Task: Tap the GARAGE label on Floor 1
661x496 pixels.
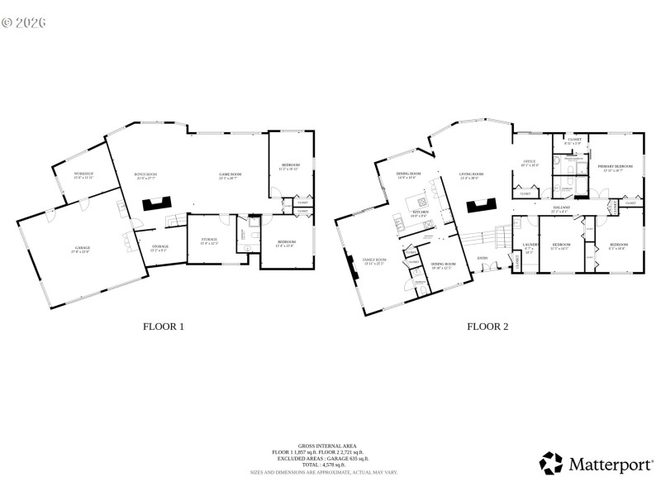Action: [x=78, y=247]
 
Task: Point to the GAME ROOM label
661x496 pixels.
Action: [x=229, y=174]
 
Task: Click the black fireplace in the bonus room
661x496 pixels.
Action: [x=155, y=203]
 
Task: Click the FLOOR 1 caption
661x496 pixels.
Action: [x=164, y=327]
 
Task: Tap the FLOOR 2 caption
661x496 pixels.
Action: [x=487, y=327]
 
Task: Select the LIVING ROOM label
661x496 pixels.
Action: [x=471, y=174]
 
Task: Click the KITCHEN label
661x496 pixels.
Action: [x=421, y=212]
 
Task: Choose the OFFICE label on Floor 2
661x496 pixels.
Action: [x=530, y=161]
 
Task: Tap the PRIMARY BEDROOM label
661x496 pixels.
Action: [x=616, y=166]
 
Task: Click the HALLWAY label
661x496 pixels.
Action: [x=562, y=207]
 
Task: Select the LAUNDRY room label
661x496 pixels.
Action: [x=530, y=245]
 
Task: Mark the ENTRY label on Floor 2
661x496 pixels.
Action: [x=483, y=258]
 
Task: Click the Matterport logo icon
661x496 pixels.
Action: [x=550, y=462]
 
